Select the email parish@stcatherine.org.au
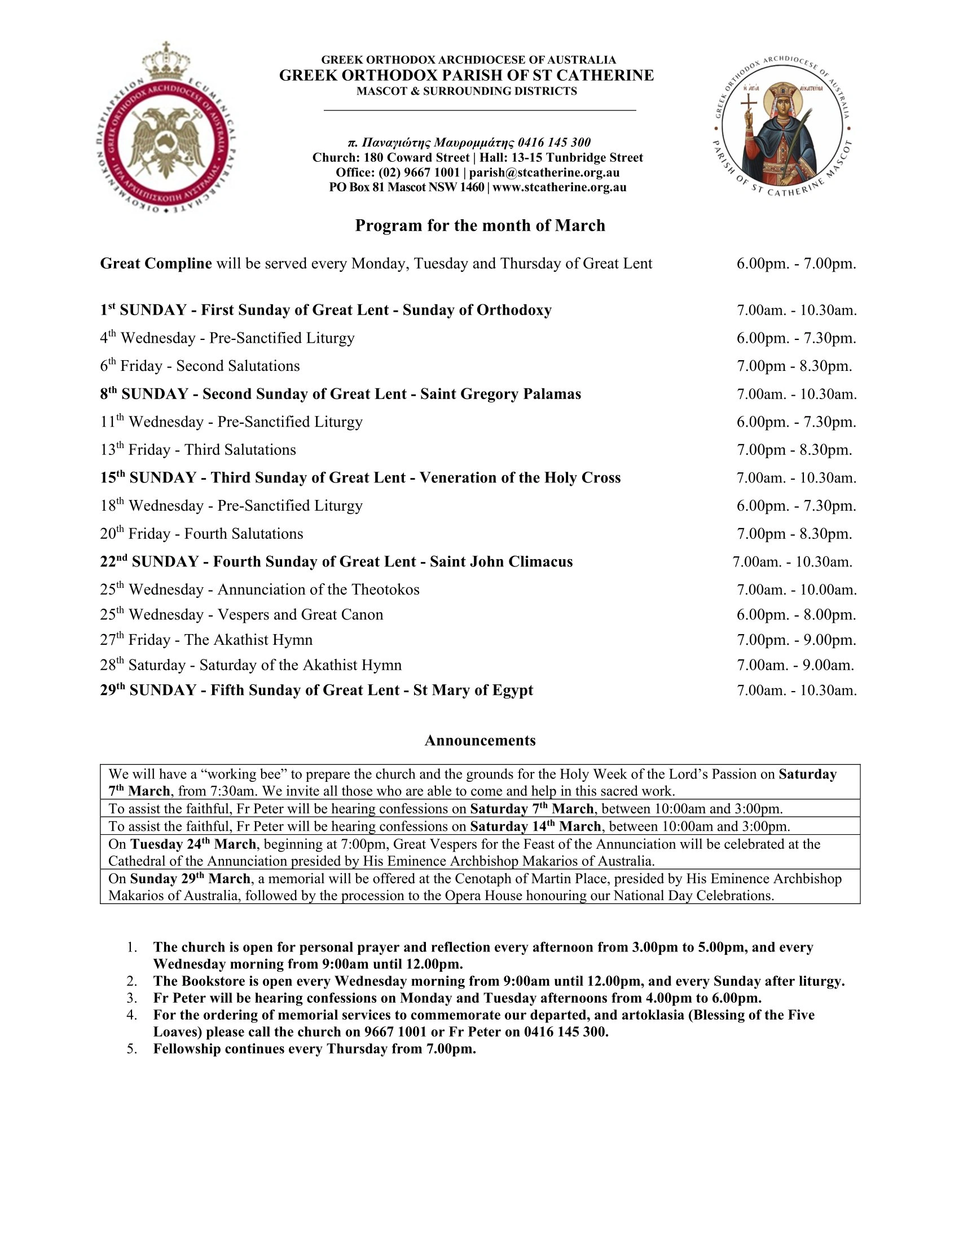[544, 172]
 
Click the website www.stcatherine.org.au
[559, 187]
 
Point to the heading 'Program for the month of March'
[479, 226]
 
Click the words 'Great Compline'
[156, 263]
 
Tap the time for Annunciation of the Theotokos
[796, 590]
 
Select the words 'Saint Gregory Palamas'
[500, 394]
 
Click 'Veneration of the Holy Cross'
[520, 478]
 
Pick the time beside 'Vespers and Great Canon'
[796, 615]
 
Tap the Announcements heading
[479, 741]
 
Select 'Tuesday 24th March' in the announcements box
[193, 844]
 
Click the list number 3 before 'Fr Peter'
[131, 998]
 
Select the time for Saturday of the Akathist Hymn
[795, 666]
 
